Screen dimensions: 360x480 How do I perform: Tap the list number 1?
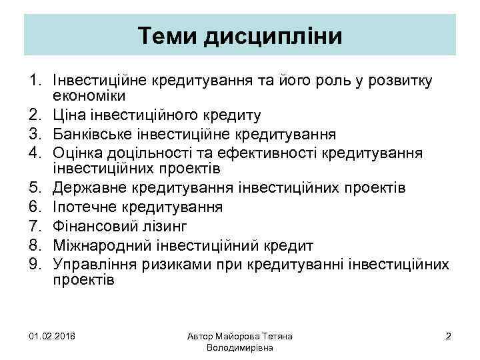(x=35, y=81)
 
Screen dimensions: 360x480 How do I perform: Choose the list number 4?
(x=35, y=154)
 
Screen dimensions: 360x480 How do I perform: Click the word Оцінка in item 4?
(x=79, y=154)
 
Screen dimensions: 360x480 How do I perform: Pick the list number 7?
(x=35, y=226)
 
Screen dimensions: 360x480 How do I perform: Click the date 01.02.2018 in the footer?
(x=53, y=336)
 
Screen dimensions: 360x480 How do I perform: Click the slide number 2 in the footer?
(x=448, y=336)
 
